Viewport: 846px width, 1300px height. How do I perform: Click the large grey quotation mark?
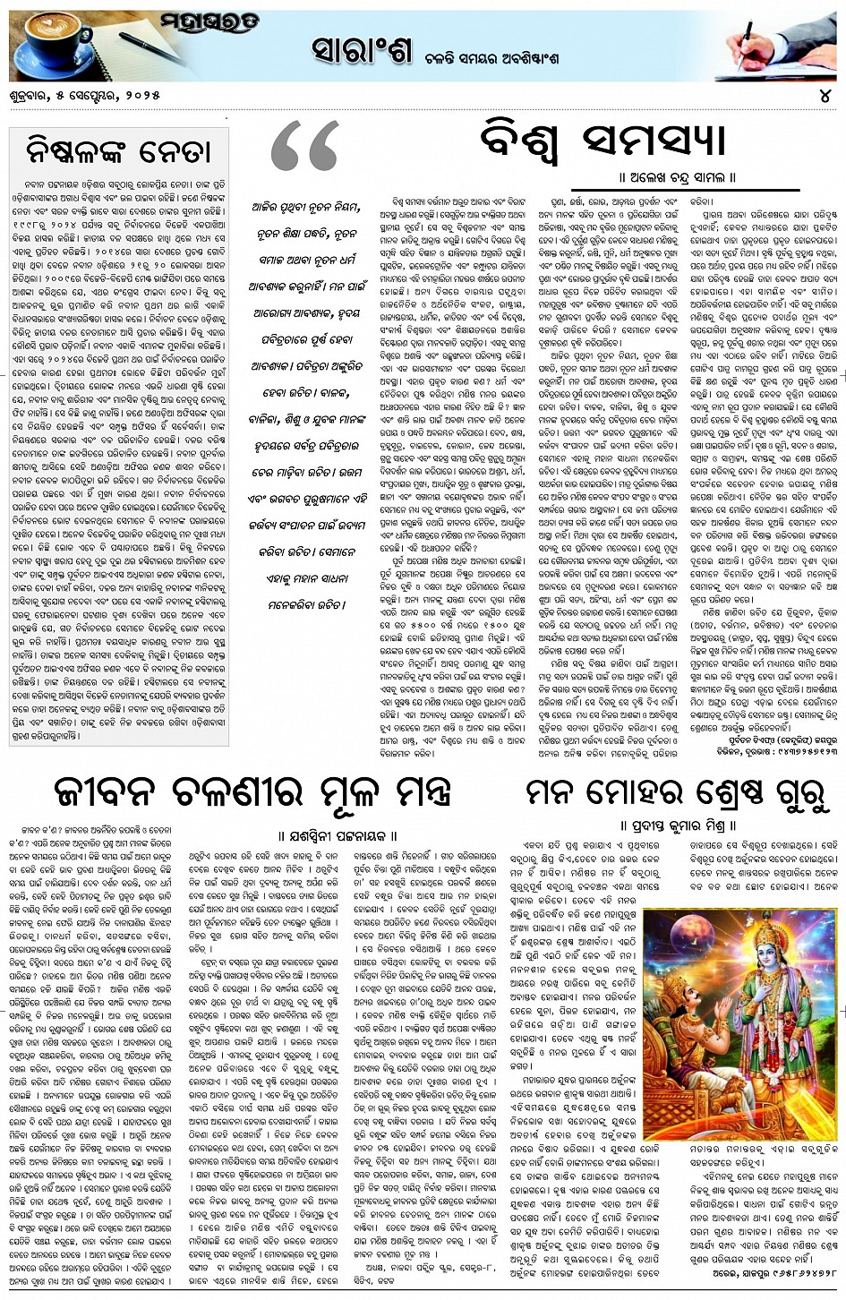click(x=304, y=148)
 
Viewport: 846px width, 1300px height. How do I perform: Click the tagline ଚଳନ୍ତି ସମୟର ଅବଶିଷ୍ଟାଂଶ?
click(x=509, y=57)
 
